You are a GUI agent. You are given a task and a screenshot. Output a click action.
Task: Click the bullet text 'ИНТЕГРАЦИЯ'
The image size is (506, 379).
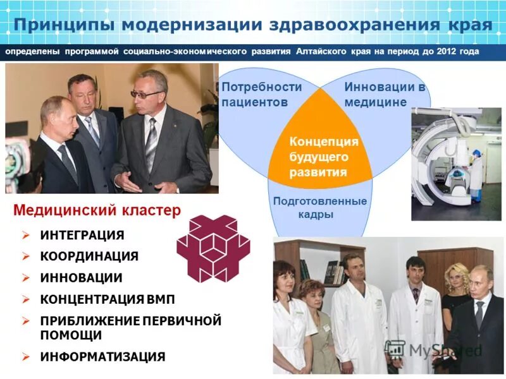82,235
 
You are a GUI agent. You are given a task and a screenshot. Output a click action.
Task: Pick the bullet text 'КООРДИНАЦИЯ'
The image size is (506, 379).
89,256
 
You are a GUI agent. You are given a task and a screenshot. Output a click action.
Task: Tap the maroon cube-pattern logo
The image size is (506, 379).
213,249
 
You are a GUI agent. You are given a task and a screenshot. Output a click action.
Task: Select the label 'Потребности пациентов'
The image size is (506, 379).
261,94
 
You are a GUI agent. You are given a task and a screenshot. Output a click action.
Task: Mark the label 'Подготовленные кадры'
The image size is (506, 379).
319,207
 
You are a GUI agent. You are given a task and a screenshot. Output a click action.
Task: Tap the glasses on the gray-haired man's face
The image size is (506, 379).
147,94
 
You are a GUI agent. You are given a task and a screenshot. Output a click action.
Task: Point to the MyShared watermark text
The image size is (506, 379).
443,350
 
